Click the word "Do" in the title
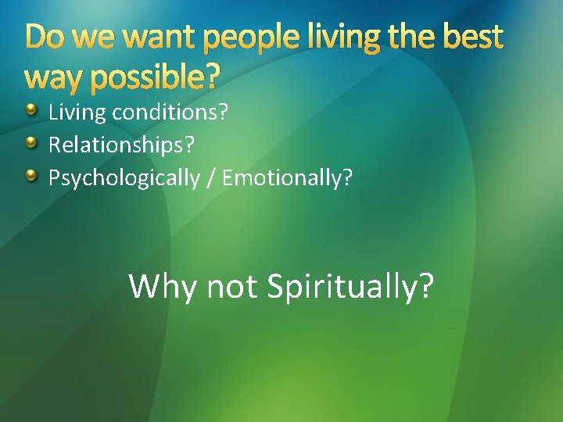pyautogui.click(x=44, y=38)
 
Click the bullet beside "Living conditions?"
pyautogui.click(x=31, y=110)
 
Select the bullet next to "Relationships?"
pyautogui.click(x=31, y=144)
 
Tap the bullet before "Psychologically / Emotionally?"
pyautogui.click(x=31, y=177)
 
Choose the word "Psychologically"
pyautogui.click(x=124, y=179)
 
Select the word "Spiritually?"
pyautogui.click(x=350, y=287)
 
